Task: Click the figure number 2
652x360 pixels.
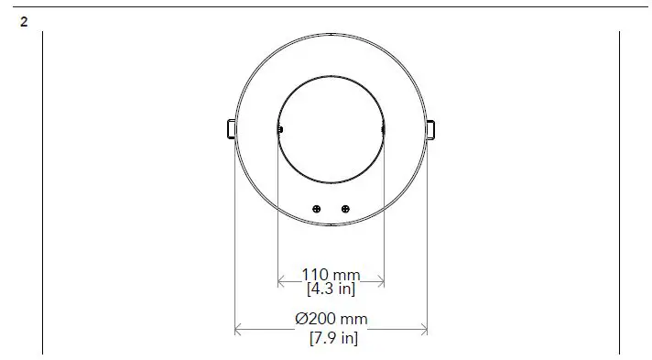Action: [24, 20]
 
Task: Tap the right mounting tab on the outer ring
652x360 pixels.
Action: [432, 129]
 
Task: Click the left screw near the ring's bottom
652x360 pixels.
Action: [316, 209]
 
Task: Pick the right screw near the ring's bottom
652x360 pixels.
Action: [345, 209]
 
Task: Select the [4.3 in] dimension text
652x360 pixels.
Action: [331, 289]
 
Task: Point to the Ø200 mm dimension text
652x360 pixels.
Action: [331, 320]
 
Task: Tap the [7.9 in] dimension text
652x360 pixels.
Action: [333, 339]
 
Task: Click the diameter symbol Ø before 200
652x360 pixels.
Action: [300, 320]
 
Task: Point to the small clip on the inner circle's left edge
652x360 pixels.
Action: [279, 129]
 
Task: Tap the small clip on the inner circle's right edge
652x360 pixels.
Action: [383, 129]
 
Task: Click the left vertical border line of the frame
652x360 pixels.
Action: [42, 192]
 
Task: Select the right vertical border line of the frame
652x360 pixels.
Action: [619, 192]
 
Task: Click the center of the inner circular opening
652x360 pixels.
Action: [331, 129]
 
